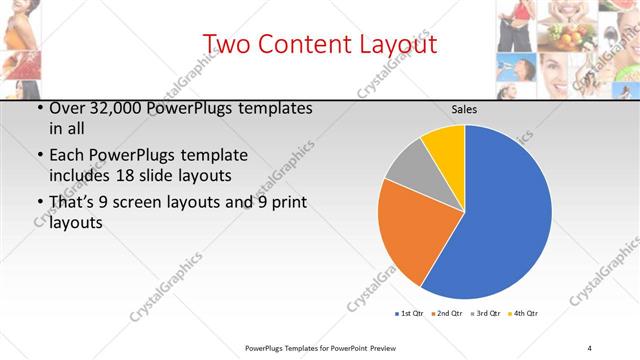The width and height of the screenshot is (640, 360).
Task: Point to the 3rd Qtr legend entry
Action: [x=484, y=313]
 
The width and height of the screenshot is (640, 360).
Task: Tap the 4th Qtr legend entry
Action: [x=523, y=313]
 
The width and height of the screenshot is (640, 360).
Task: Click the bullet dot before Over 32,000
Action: [x=38, y=107]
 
